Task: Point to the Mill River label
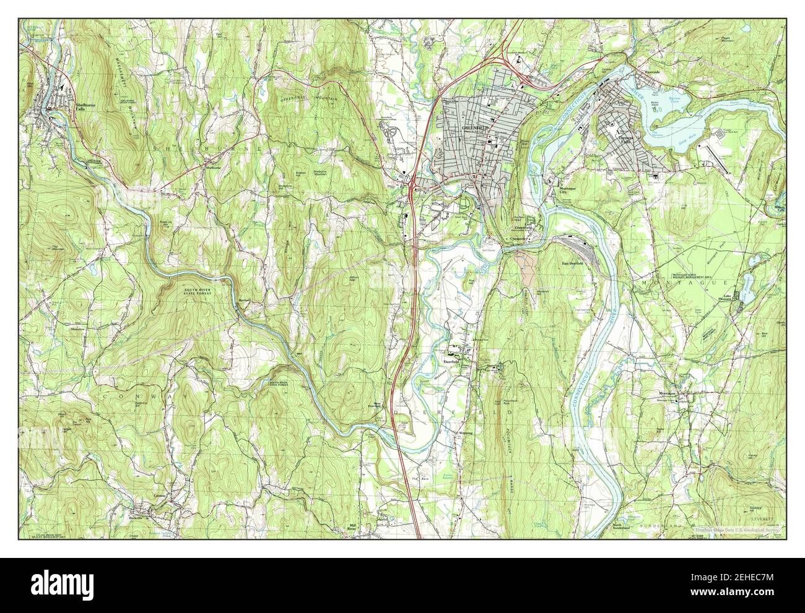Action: (x=351, y=527)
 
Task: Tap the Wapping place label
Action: (x=464, y=433)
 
